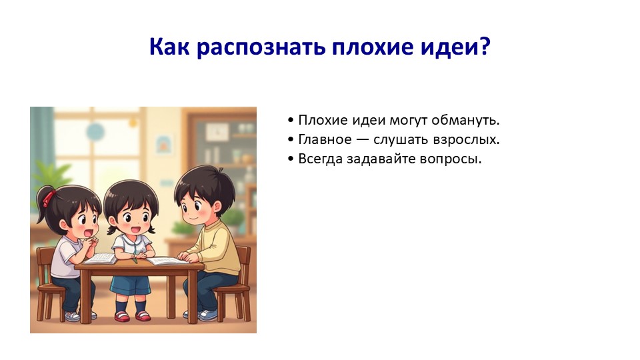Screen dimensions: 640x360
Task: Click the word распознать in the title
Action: (x=261, y=47)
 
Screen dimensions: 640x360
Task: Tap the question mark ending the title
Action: (x=485, y=46)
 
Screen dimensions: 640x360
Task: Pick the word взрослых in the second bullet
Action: (x=466, y=140)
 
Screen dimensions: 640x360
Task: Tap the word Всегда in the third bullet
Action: (x=321, y=159)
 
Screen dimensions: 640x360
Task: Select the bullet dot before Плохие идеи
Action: (x=291, y=121)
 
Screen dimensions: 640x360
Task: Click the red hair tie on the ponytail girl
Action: (x=49, y=197)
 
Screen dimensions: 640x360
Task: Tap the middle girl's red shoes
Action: (x=132, y=316)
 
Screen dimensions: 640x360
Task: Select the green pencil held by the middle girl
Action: (x=135, y=259)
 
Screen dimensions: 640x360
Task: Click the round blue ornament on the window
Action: (x=95, y=133)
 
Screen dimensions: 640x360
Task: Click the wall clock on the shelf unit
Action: (x=217, y=132)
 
